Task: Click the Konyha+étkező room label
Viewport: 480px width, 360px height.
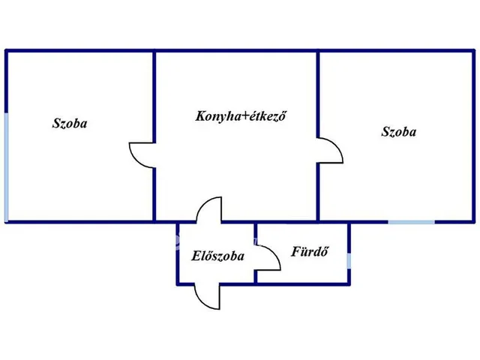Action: [241, 116]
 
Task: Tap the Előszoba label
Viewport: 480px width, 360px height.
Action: [217, 256]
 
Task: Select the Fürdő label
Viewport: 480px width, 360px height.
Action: [310, 251]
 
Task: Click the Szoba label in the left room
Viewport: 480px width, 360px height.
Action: [70, 123]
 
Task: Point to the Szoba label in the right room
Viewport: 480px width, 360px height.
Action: [398, 132]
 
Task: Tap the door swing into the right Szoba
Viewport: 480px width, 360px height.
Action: [337, 146]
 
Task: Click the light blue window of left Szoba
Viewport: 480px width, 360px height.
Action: [7, 167]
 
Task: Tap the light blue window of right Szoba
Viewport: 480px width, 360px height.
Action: [412, 222]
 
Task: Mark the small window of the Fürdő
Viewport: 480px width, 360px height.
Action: [349, 260]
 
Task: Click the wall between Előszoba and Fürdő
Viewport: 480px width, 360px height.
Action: [256, 253]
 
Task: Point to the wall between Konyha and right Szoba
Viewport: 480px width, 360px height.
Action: [318, 136]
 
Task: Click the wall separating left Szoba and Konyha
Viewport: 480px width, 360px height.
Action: [154, 136]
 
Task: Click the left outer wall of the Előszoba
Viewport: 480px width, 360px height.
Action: [178, 253]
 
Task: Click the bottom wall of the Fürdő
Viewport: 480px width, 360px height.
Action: [303, 284]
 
